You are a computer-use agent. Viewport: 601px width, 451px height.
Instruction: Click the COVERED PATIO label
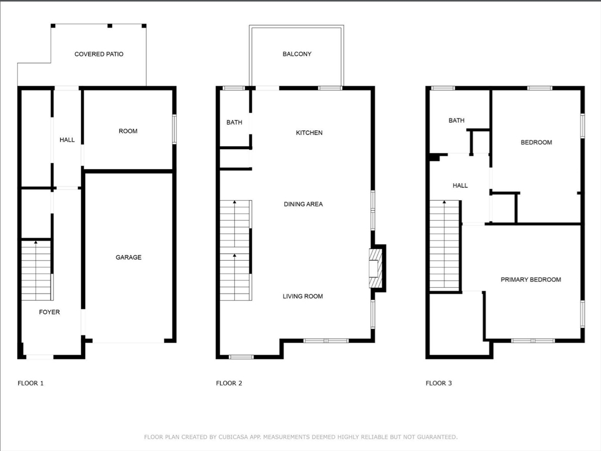99,54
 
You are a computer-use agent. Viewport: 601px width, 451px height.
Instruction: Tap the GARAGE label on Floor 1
129,257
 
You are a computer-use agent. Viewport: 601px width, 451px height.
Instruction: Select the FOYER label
49,312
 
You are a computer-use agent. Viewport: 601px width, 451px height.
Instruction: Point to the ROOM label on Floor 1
128,131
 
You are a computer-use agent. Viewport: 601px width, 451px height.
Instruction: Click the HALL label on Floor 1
67,140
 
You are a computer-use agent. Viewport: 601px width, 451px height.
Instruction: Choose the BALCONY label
297,54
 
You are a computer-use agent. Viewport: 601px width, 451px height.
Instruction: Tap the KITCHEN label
309,133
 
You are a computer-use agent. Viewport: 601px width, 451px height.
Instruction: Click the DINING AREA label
303,204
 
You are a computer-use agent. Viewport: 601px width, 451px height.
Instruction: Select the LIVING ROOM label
303,296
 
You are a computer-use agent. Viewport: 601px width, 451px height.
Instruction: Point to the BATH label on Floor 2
234,122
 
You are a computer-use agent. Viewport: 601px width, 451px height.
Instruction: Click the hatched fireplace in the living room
376,268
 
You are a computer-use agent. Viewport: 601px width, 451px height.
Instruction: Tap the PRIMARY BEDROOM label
531,280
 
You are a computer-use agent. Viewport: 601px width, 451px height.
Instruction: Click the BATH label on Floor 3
457,120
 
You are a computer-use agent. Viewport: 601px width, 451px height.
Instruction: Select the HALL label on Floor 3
460,186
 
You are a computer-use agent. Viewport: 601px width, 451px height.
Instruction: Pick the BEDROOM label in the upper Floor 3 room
536,142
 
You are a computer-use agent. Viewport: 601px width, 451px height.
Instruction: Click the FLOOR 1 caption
31,383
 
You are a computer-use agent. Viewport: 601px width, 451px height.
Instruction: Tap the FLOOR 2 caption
229,383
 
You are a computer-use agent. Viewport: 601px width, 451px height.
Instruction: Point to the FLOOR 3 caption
438,383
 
